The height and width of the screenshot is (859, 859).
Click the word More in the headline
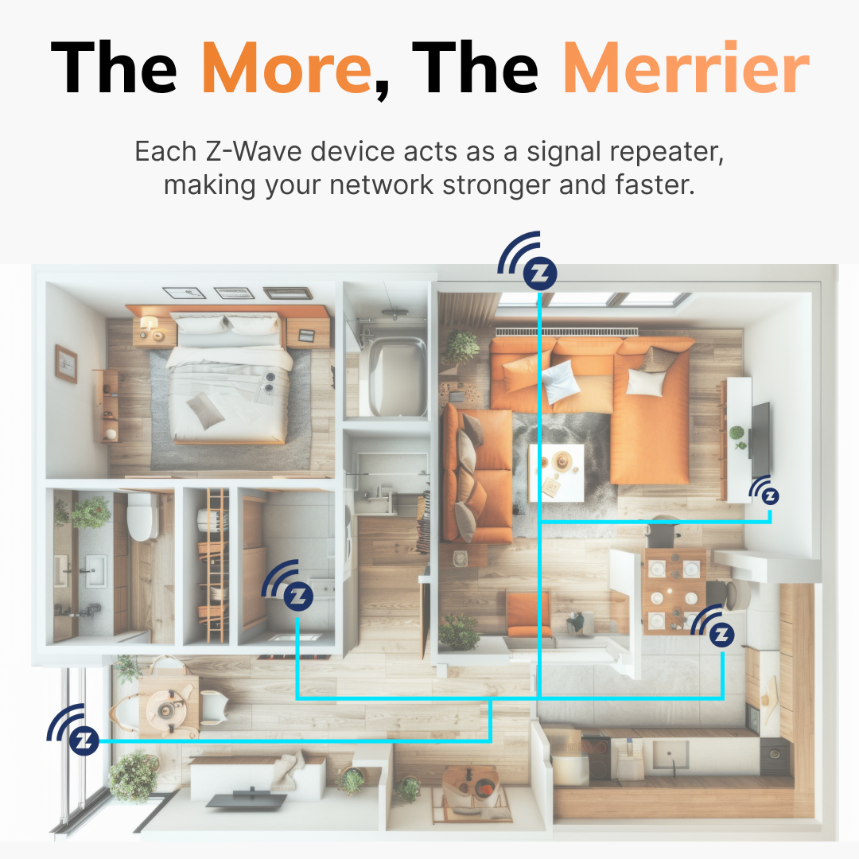click(287, 68)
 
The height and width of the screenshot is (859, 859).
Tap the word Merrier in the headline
click(686, 68)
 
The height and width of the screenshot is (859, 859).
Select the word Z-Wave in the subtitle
click(254, 152)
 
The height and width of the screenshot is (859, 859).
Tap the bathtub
click(397, 375)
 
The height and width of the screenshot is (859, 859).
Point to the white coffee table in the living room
click(556, 472)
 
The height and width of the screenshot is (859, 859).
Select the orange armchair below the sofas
click(528, 614)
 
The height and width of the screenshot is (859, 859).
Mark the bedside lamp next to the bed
click(148, 324)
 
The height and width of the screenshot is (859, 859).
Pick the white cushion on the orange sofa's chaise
click(645, 382)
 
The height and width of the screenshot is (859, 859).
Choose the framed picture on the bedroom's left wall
click(66, 363)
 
